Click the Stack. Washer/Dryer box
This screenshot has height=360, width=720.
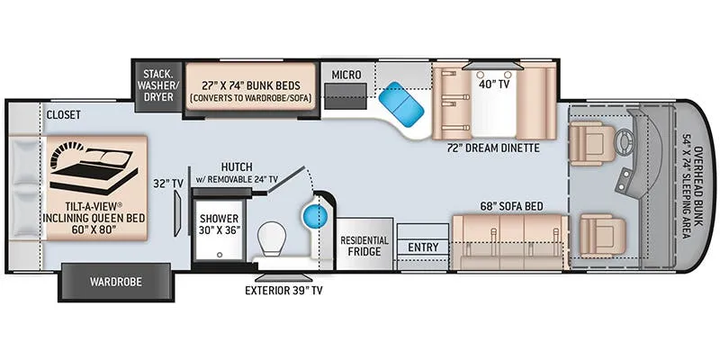[157, 85]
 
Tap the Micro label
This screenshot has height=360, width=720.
[346, 75]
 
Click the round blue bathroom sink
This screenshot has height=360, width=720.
[314, 214]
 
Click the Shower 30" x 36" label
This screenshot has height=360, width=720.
[220, 224]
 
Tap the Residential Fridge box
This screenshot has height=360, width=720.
[364, 246]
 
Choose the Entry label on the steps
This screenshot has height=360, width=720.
[423, 247]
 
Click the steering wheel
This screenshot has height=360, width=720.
[624, 138]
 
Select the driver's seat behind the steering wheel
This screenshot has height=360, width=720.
[591, 143]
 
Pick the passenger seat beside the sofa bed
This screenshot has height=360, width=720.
[601, 235]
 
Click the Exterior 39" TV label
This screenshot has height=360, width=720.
[283, 290]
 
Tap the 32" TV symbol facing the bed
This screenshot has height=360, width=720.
[177, 214]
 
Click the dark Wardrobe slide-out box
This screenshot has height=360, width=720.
[116, 282]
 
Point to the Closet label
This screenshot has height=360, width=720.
[63, 115]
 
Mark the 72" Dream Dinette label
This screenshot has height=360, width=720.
[492, 148]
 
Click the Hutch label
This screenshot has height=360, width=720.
[236, 167]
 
